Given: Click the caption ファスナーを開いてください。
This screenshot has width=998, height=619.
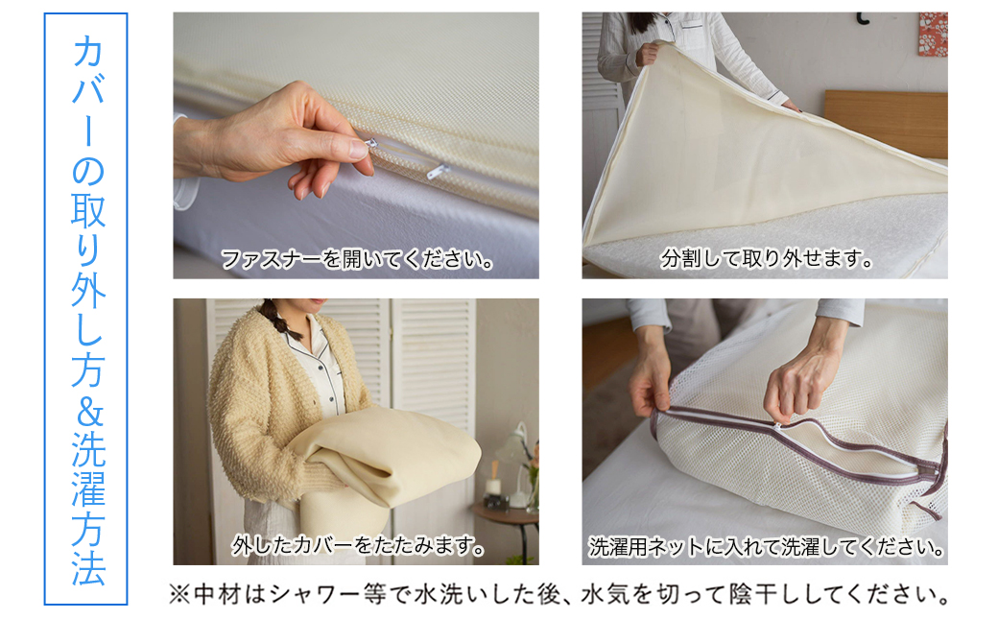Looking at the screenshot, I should click(357, 259).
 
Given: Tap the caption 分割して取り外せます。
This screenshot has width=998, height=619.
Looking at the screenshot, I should click(766, 259).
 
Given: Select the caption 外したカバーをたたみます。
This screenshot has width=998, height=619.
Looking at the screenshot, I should click(357, 546).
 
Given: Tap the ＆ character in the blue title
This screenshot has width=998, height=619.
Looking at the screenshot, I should click(86, 412).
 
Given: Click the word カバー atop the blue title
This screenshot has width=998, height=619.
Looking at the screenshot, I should click(86, 96).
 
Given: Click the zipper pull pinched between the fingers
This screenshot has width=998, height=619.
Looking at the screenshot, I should click(357, 149).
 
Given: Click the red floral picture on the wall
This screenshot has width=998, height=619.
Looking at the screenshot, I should click(932, 34).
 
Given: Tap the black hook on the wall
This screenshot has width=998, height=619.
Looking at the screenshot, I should click(862, 17).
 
